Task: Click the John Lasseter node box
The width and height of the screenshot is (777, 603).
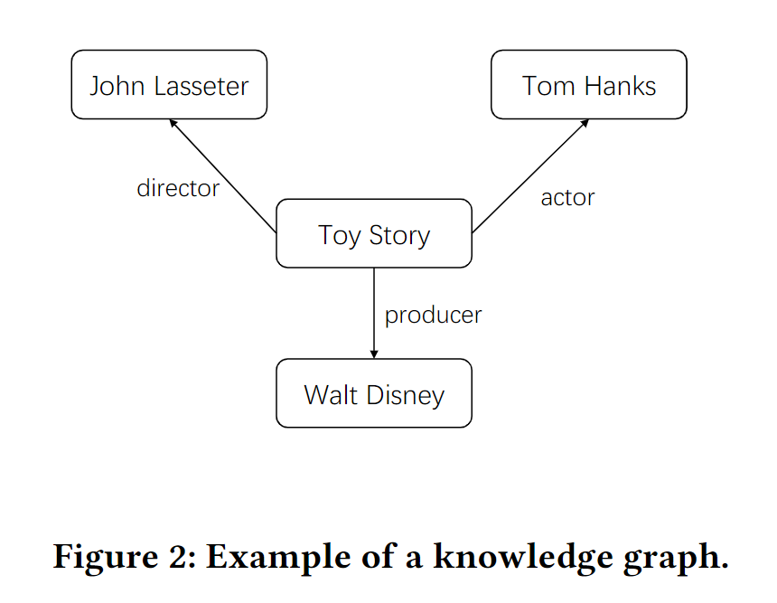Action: point(169,85)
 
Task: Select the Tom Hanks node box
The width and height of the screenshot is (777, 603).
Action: point(588,85)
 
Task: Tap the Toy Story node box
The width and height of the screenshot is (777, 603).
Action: point(373,234)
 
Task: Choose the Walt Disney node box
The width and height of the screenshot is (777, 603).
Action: point(373,394)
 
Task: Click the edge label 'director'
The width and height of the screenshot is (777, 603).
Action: point(178,188)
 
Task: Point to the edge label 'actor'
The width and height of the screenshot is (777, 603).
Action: point(567,197)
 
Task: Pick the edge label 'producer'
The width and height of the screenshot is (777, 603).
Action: point(433,315)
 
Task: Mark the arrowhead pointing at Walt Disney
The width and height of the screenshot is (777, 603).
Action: point(374,353)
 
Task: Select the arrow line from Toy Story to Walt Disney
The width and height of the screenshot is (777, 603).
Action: point(374,307)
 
